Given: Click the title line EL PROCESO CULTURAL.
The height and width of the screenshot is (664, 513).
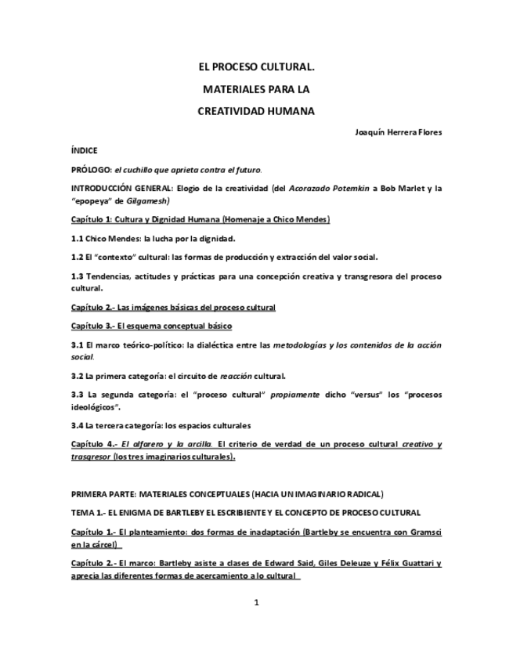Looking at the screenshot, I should [x=256, y=68].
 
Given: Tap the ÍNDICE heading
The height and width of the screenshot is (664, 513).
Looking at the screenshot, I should [x=84, y=150].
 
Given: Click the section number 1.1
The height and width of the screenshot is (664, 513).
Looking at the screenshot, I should [x=77, y=238].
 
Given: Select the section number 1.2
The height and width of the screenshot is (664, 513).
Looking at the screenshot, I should [x=77, y=257].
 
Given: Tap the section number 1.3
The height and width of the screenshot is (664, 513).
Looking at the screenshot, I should [x=77, y=276].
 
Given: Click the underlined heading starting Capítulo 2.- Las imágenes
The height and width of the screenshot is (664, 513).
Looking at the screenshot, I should [x=173, y=307].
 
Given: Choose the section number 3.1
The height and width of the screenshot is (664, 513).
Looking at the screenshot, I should [x=77, y=345].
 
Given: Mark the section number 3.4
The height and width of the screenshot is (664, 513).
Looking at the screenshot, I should [x=77, y=426].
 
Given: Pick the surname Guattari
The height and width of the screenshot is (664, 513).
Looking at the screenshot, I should [x=412, y=563].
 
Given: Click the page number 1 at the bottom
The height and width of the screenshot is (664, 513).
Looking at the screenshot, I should [x=256, y=602].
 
